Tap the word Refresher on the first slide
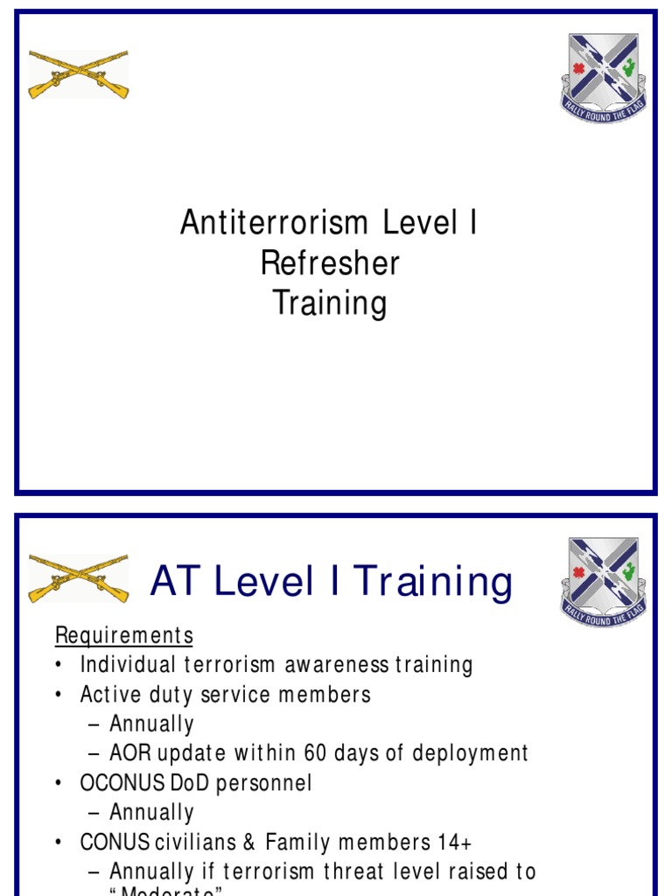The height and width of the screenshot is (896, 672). click(330, 263)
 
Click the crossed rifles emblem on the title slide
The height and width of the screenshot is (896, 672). click(79, 73)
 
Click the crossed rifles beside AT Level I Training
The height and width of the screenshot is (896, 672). click(79, 577)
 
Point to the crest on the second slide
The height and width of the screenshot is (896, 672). click(603, 579)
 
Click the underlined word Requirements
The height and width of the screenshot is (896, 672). click(123, 634)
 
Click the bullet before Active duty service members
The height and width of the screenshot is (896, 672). click(59, 695)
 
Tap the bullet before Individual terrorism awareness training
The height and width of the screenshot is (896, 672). click(59, 665)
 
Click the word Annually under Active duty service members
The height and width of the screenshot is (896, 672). click(151, 724)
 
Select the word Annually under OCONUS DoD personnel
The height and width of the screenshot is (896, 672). click(151, 813)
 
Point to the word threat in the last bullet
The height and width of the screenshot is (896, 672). click(356, 872)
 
